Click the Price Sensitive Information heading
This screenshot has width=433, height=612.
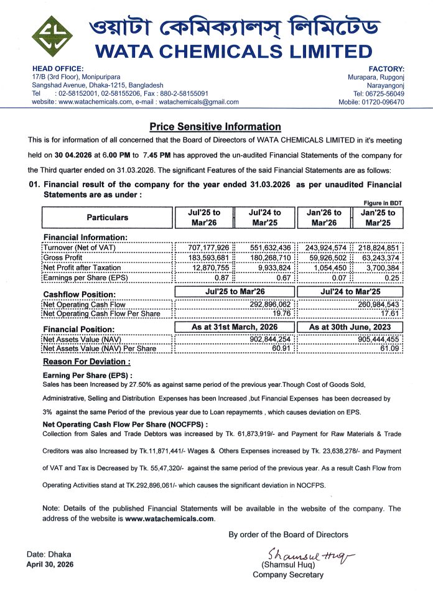pyautogui.click(x=215, y=126)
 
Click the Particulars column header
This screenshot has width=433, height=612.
pyautogui.click(x=107, y=217)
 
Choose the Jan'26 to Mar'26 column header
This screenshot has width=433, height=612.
pyautogui.click(x=324, y=217)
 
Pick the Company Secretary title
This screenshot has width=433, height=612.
pyautogui.click(x=287, y=575)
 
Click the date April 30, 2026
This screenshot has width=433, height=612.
pyautogui.click(x=49, y=565)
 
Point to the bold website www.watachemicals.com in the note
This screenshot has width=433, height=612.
pyautogui.click(x=170, y=518)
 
